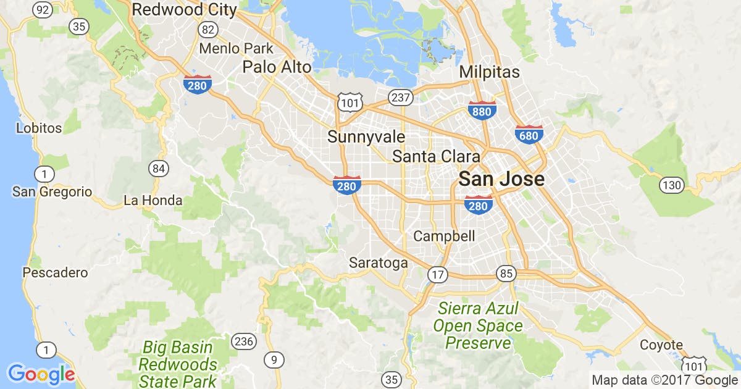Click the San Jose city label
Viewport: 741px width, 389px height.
501,180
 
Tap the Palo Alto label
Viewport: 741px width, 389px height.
277,67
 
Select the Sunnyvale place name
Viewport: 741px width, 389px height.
366,136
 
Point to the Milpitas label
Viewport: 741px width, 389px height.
489,72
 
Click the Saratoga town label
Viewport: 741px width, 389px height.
378,263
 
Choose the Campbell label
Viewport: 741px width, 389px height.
444,236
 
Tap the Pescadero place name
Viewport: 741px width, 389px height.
55,272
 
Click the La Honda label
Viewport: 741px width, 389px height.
153,201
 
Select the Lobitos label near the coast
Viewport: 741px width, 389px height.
39,128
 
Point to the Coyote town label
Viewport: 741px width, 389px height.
661,345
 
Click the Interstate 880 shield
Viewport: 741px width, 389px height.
482,111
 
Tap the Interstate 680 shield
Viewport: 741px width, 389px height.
529,135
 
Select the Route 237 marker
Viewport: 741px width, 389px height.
400,97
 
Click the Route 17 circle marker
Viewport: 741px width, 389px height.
437,275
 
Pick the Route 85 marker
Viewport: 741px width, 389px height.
505,272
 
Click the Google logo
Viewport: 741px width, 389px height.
41,374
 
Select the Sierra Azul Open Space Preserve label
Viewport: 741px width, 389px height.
478,325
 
